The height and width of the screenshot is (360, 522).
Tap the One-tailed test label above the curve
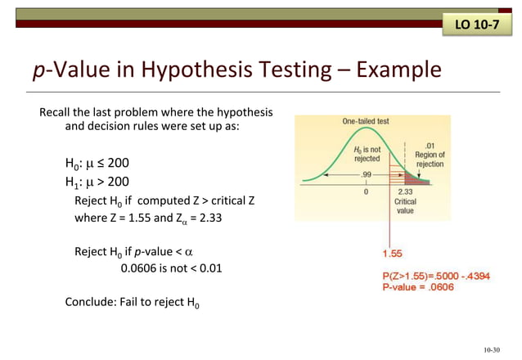366,121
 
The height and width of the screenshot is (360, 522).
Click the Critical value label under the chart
406,205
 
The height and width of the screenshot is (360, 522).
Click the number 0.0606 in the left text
138,268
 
